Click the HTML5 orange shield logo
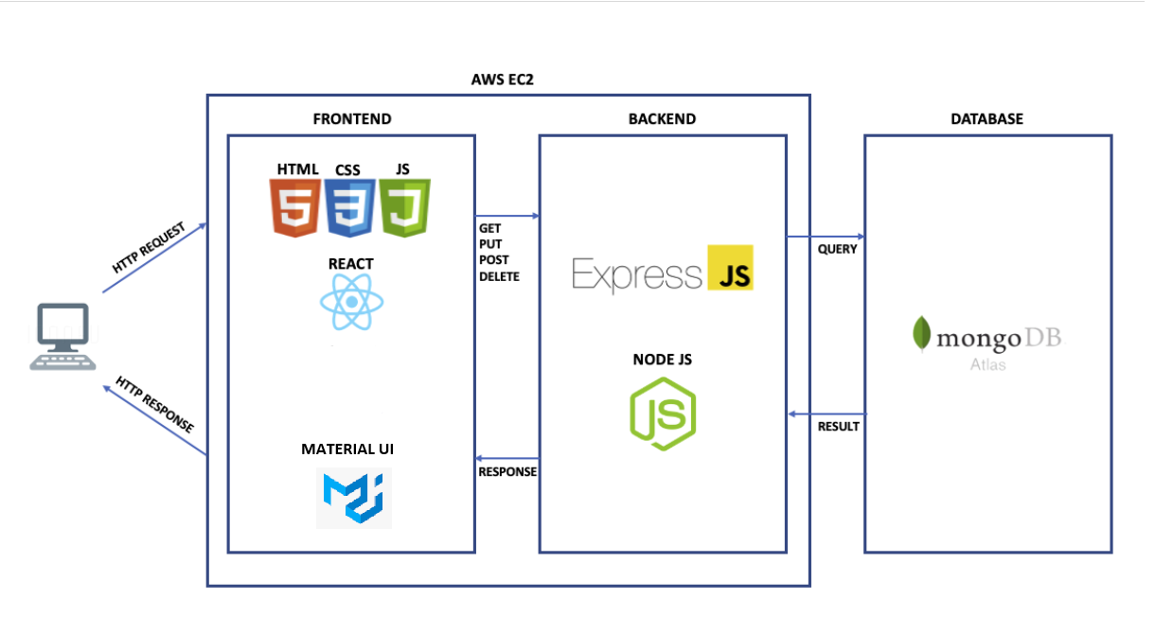295,207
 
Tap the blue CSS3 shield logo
349,207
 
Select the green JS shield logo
405,207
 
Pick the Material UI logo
354,498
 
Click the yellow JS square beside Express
730,268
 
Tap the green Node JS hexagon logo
664,413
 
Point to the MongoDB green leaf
920,335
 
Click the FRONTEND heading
351,119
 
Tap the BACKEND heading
662,119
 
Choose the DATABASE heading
986,119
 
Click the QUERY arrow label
837,249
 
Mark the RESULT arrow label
838,427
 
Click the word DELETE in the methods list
499,277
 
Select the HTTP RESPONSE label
154,405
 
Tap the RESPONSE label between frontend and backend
507,471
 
